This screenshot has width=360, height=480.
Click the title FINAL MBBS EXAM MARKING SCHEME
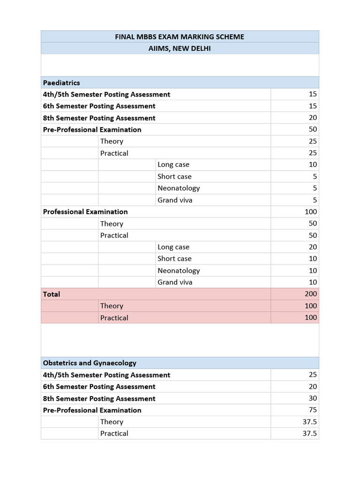tap(180, 37)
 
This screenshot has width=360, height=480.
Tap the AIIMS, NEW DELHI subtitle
tap(180, 48)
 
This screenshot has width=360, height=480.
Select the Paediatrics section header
tap(61, 82)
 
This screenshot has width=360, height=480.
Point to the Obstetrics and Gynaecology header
tap(90, 363)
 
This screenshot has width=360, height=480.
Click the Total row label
tap(52, 294)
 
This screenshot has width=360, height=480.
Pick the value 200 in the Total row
tap(311, 294)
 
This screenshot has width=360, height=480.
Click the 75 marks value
tap(313, 410)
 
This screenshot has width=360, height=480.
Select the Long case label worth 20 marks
tap(173, 247)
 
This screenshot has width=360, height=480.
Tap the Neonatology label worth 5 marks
tap(179, 188)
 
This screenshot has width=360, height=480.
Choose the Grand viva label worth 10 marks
tap(175, 282)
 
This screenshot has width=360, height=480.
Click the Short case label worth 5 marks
tap(174, 176)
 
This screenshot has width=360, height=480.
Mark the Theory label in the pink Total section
tap(112, 306)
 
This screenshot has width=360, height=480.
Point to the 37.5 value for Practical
tap(310, 433)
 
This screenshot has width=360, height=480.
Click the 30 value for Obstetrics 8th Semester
tap(313, 398)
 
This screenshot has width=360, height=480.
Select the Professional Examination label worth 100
tap(85, 211)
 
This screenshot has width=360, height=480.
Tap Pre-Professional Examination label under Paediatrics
tap(92, 129)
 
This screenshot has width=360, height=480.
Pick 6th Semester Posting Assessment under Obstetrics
tap(99, 386)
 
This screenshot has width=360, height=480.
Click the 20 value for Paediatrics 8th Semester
tap(313, 118)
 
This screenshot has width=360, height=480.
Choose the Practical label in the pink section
tap(114, 317)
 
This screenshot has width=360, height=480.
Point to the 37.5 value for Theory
tap(310, 421)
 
